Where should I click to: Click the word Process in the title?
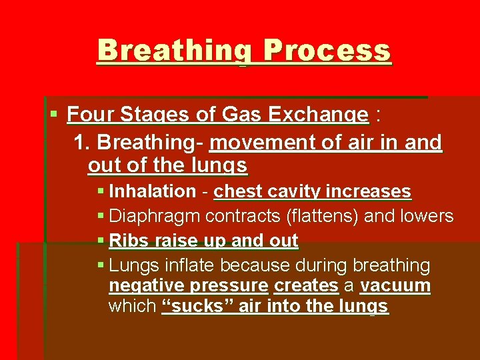tap(327, 51)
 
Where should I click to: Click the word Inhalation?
tap(152, 191)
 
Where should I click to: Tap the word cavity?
tap(294, 191)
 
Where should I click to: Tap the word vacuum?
tap(395, 286)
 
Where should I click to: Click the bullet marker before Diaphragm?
tap(101, 216)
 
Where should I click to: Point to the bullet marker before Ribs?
tap(101, 241)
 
